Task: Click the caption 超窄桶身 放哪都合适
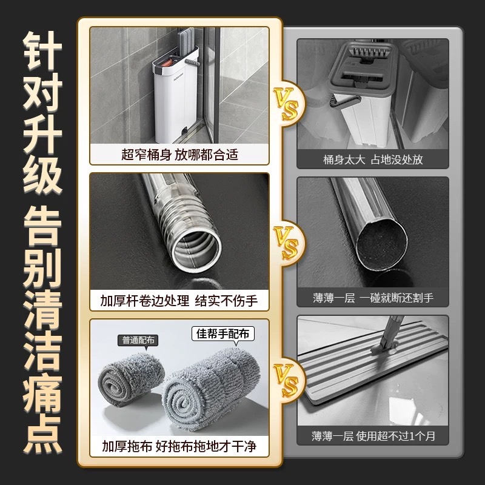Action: pos(179,155)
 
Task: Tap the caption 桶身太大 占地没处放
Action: pos(373,159)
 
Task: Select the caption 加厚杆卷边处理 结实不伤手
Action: pos(179,300)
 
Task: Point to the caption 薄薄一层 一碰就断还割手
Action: pos(373,298)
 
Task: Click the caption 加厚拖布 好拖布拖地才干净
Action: pos(179,446)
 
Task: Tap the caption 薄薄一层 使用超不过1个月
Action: pos(373,436)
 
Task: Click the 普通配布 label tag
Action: pos(138,341)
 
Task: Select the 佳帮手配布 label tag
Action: pos(222,334)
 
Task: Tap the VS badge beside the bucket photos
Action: pos(287,104)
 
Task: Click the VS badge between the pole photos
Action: pos(287,242)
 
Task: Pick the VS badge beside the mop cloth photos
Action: pos(287,381)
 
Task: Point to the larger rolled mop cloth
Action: pos(210,390)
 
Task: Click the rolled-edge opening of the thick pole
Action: pos(196,249)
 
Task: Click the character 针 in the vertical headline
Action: pos(42,50)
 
